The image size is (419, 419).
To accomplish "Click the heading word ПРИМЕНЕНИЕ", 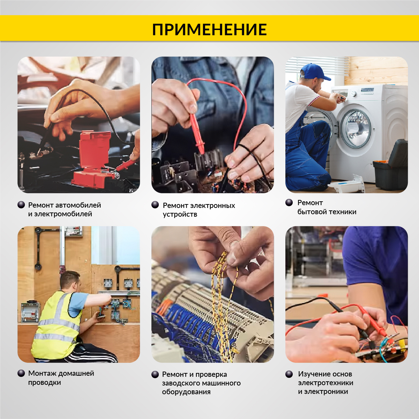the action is coord(209,29).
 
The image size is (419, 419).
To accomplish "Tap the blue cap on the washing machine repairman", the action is coord(314,72).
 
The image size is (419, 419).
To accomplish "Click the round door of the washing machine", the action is coord(357,129).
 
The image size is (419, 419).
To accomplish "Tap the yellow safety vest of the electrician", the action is coord(57,326).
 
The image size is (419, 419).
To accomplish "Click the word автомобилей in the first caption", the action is coord(78,205).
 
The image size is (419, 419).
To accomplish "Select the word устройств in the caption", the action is coord(180,215).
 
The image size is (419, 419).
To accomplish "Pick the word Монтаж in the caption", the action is coord(43,373).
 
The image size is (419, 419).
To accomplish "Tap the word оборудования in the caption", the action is coord(186,392).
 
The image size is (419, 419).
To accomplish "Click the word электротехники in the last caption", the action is coord(326,383).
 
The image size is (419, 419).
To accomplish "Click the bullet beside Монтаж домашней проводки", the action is coord(21,373).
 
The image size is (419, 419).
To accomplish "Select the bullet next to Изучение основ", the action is coord(289,374).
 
